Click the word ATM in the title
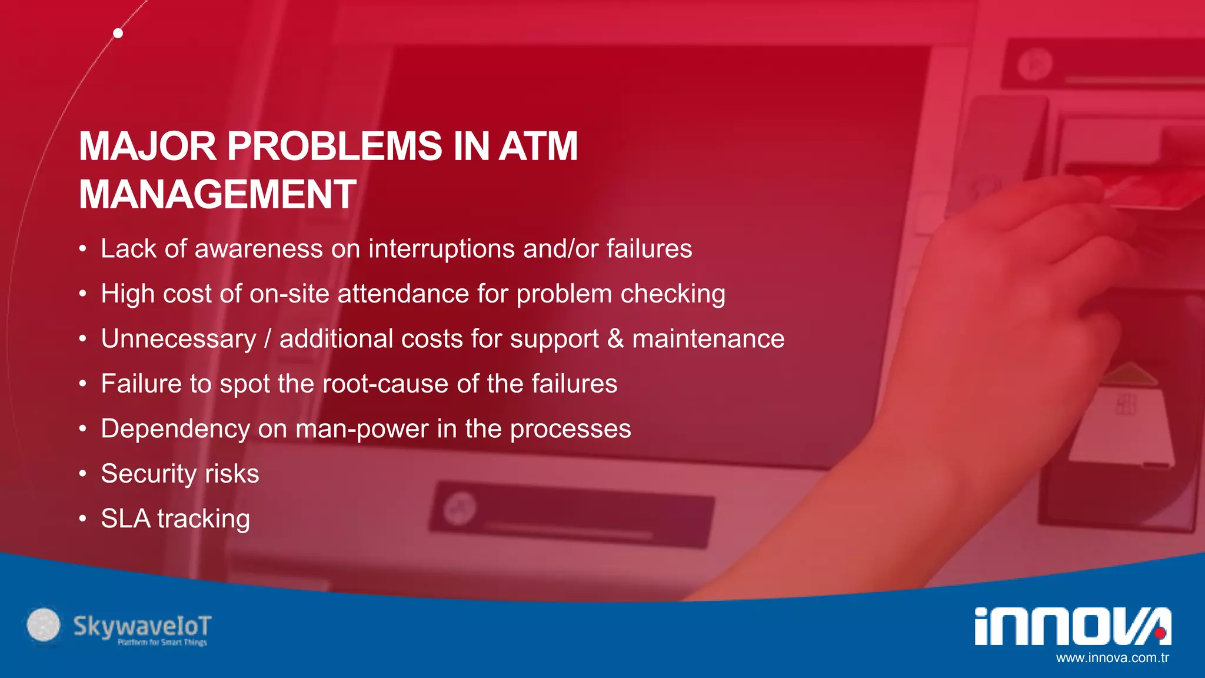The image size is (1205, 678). click(x=538, y=146)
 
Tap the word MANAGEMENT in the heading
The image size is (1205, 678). click(x=217, y=194)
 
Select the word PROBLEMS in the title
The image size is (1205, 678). click(x=334, y=146)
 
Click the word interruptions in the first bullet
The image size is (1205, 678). click(x=441, y=249)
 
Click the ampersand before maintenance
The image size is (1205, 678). click(x=615, y=339)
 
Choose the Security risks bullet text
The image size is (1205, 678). click(x=179, y=474)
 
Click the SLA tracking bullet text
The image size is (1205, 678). click(x=175, y=519)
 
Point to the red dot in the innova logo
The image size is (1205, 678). click(x=1159, y=633)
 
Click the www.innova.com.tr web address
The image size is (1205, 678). click(x=1112, y=658)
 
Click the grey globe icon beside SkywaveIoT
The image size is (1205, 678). click(x=44, y=624)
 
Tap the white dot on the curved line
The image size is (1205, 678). click(x=118, y=33)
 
